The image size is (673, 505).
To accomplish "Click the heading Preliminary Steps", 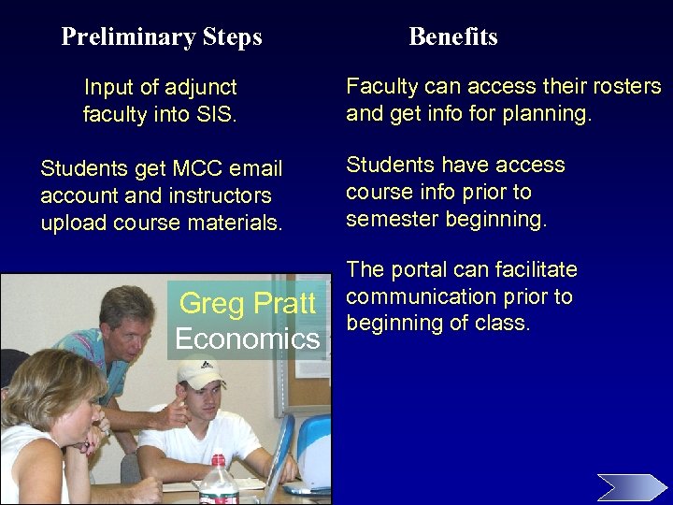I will tap(161, 37).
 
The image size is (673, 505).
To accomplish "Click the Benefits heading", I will tap(453, 37).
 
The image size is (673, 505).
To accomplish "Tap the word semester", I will tap(393, 220).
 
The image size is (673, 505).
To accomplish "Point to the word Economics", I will tap(247, 339).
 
